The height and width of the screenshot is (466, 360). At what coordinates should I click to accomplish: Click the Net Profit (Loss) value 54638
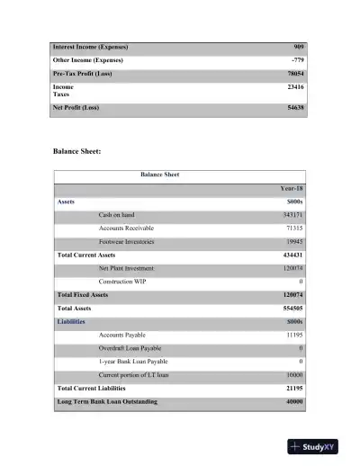[x=293, y=108]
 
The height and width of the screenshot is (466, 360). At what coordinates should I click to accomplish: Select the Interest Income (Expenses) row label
[x=90, y=46]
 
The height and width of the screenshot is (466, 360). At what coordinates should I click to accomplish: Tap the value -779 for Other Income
[x=296, y=59]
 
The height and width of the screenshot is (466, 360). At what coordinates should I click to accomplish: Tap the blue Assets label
[x=66, y=202]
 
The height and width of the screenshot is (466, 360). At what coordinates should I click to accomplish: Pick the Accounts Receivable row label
[x=132, y=229]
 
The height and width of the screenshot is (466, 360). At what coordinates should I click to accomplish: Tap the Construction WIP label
[x=127, y=282]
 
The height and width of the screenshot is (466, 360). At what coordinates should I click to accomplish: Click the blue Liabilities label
[x=72, y=321]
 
